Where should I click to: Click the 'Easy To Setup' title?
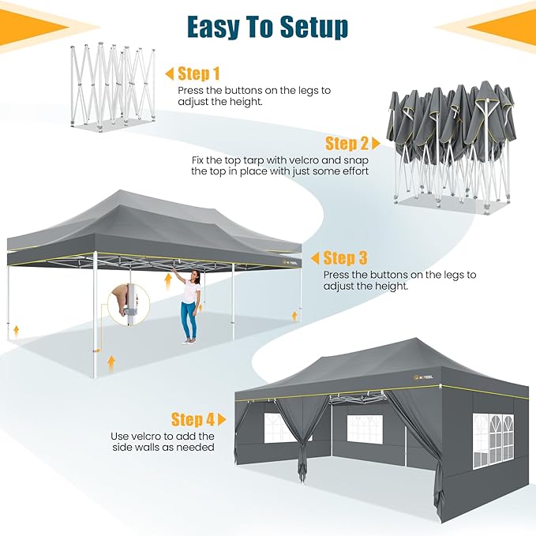point(268,28)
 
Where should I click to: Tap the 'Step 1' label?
point(199,73)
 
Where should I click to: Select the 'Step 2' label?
point(347,143)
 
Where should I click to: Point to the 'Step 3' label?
point(345,258)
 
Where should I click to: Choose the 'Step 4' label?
point(193,419)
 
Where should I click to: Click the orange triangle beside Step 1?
point(170,74)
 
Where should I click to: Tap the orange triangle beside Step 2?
point(376,144)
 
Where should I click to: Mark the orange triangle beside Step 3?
point(315,258)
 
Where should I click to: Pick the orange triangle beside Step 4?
point(222,419)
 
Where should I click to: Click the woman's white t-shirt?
point(189,290)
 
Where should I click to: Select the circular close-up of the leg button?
point(129,304)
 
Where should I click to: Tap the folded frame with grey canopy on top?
point(452,145)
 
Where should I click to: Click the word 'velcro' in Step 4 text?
point(147,437)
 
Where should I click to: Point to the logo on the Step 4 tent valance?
point(423,377)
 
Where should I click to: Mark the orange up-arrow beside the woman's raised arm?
point(167,281)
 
